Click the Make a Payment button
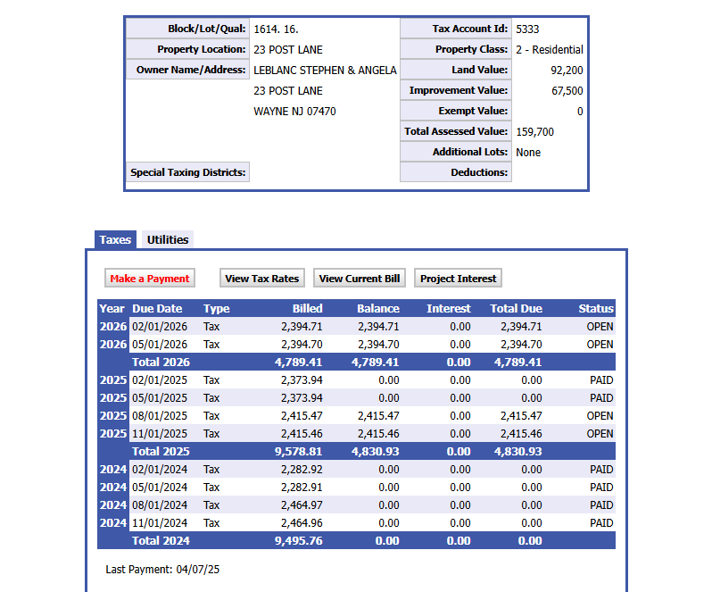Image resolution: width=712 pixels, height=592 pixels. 150,279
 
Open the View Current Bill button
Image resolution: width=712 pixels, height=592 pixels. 359,279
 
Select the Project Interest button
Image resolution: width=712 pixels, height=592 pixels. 458,279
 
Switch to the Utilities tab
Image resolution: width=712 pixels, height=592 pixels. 168,239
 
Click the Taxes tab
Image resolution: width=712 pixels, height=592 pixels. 115,239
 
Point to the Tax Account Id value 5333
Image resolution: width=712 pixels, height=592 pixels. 527,29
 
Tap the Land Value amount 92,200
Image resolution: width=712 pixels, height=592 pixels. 567,70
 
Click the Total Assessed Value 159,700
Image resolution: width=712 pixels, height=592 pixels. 534,131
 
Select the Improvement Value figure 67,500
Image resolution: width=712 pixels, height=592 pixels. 567,90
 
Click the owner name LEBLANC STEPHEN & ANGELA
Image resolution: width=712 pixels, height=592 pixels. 325,70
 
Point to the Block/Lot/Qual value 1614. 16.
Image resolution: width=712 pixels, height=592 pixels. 276,29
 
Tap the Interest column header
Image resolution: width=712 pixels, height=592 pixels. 449,309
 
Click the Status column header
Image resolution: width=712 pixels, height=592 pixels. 595,309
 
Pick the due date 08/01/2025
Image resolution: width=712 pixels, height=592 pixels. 160,416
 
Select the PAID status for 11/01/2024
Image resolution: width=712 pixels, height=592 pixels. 601,523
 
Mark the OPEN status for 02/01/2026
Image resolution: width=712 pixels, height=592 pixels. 600,327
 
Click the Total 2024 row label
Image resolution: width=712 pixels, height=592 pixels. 161,541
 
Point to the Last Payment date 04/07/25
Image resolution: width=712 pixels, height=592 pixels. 197,569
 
